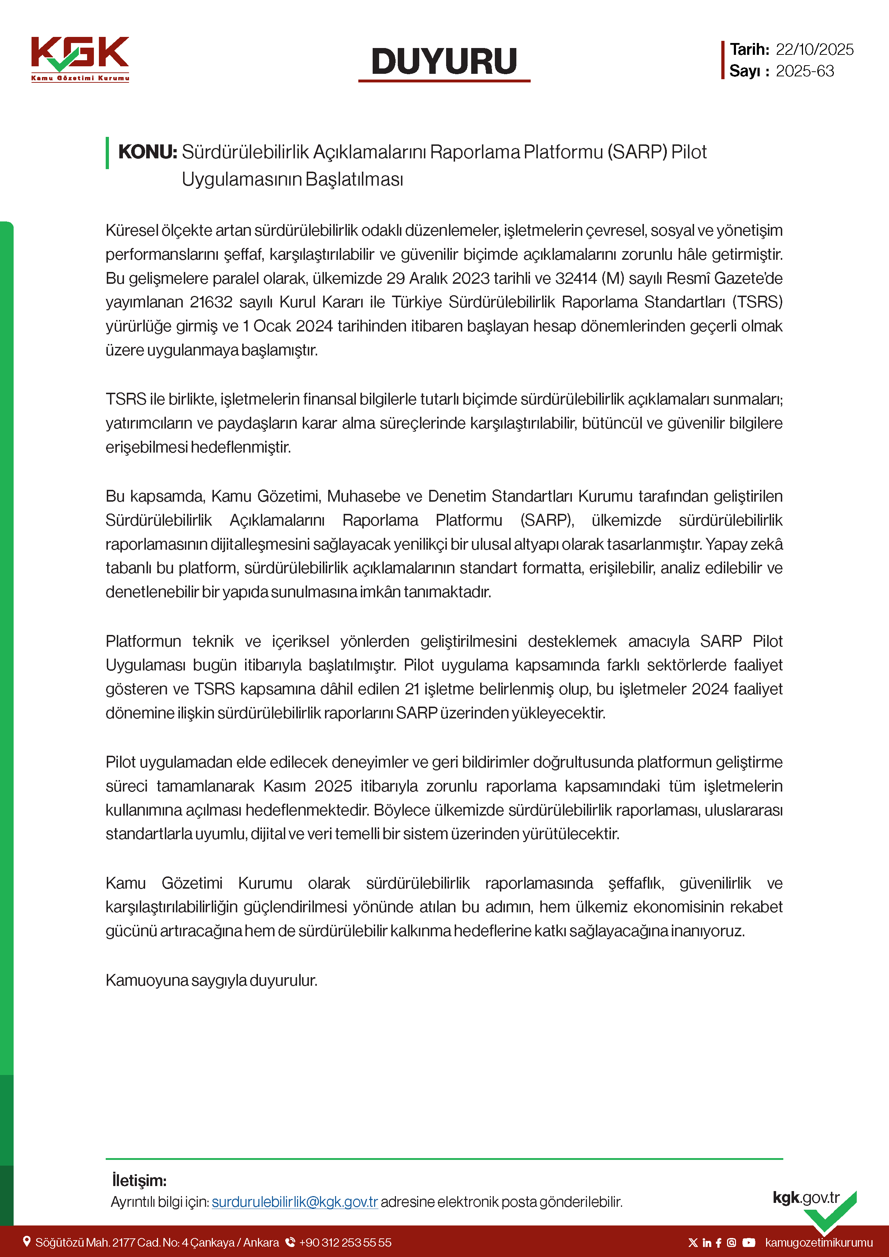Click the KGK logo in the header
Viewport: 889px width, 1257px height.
[x=80, y=58]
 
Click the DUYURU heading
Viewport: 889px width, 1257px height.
[x=444, y=61]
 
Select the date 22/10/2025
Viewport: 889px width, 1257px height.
[x=814, y=50]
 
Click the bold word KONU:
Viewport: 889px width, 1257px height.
[x=148, y=152]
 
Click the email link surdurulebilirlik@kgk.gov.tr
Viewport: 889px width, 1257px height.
[x=295, y=1202]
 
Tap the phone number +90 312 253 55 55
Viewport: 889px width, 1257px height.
[x=345, y=1243]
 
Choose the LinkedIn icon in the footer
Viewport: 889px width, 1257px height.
[x=707, y=1243]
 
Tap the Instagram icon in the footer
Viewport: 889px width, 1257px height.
[x=731, y=1243]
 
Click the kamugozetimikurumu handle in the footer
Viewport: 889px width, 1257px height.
[x=818, y=1243]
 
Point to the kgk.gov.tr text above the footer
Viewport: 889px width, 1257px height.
[x=806, y=1198]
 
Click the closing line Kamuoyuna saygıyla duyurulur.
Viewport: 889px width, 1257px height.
[x=211, y=980]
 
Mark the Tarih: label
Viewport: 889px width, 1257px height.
[x=749, y=50]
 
